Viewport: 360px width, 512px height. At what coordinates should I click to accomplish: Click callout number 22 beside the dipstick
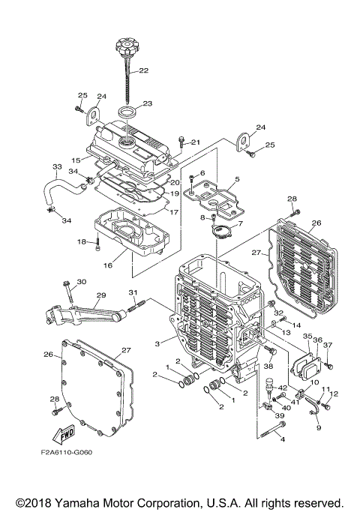(x=142, y=71)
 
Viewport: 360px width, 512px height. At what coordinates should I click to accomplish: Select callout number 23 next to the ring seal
(x=147, y=103)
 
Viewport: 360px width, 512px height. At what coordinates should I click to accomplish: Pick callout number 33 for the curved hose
(x=57, y=166)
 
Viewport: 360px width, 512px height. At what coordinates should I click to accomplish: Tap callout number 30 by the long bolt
(x=82, y=282)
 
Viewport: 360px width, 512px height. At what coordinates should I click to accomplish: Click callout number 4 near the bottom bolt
(x=283, y=440)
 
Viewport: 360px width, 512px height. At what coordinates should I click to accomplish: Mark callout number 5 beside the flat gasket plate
(x=236, y=180)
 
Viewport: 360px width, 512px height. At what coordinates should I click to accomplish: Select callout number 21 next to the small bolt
(x=195, y=142)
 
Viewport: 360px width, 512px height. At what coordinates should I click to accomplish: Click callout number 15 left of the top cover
(x=76, y=160)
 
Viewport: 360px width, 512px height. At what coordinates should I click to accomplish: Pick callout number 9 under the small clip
(x=318, y=428)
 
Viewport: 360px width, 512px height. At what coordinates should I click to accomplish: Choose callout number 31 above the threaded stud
(x=133, y=292)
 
